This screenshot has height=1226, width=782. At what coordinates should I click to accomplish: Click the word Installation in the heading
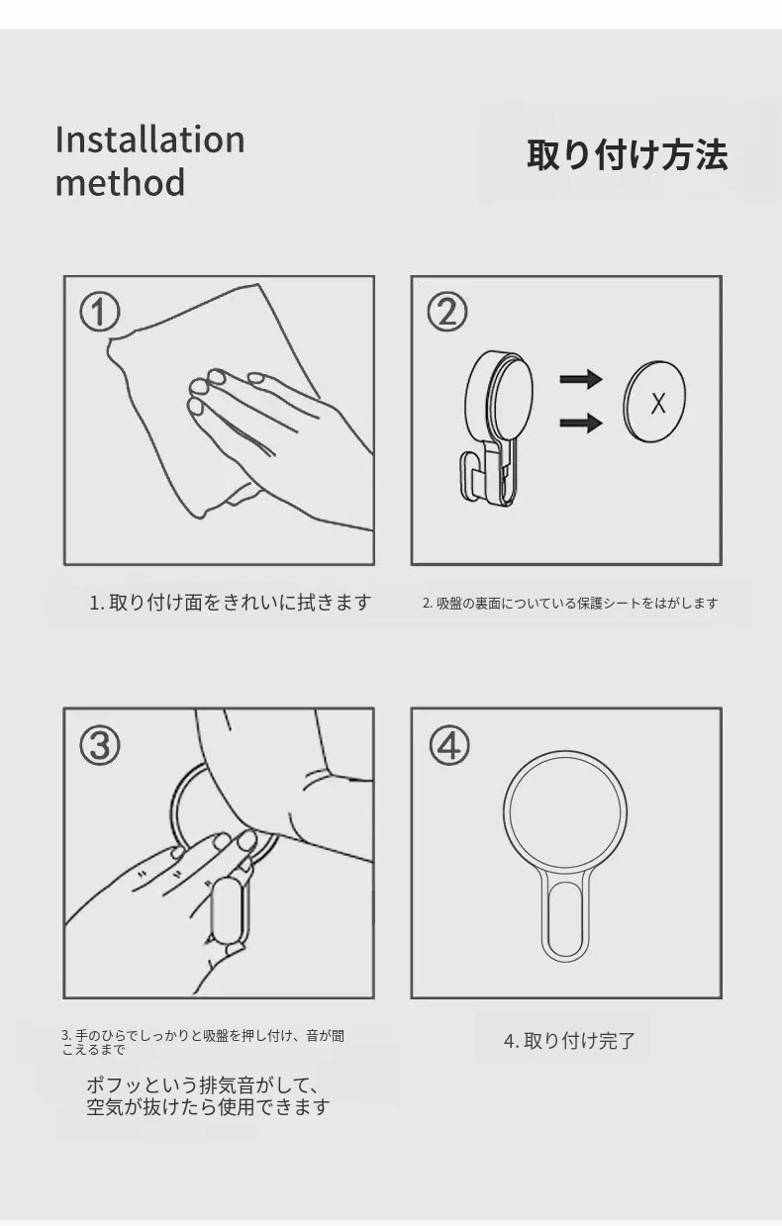coord(150,140)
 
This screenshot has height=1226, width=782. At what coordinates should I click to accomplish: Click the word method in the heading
coord(120,182)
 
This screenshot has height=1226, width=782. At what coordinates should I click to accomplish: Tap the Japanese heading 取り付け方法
coord(627,155)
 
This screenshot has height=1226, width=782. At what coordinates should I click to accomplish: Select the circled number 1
coord(100,312)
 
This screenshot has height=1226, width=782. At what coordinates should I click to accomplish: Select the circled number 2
coord(447,312)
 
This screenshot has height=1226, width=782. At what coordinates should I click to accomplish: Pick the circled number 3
coord(100,745)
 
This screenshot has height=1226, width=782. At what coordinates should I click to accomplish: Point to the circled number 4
coord(449,745)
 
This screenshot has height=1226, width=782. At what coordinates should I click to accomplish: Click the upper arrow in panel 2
coord(581,379)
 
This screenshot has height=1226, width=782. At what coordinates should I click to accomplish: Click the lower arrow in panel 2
coord(581,423)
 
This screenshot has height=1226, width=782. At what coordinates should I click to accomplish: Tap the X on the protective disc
coord(658,404)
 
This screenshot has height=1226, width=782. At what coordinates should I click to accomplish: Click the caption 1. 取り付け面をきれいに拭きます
coord(231,603)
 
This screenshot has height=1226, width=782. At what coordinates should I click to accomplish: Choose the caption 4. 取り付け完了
coord(569,1040)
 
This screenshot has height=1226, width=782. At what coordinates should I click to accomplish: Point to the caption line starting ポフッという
coord(202,1085)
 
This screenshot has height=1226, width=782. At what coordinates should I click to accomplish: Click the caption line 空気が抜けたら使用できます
coord(208,1106)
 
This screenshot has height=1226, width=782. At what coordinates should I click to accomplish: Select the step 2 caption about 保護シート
coord(570,604)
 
